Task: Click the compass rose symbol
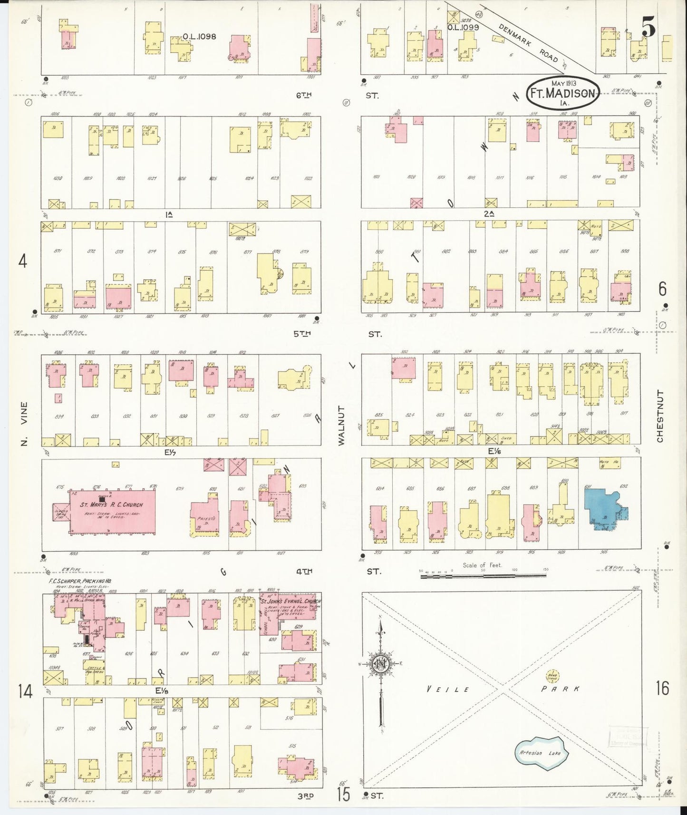click(x=381, y=664)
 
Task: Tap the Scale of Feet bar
click(x=483, y=576)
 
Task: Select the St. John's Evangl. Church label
click(x=290, y=601)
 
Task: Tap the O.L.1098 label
click(x=199, y=37)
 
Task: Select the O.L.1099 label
click(x=463, y=28)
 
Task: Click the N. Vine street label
click(x=24, y=423)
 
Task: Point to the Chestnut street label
click(x=660, y=416)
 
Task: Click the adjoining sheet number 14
click(x=25, y=691)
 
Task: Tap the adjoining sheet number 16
click(x=662, y=688)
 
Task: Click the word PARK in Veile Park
click(x=561, y=689)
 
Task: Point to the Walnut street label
click(x=341, y=426)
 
